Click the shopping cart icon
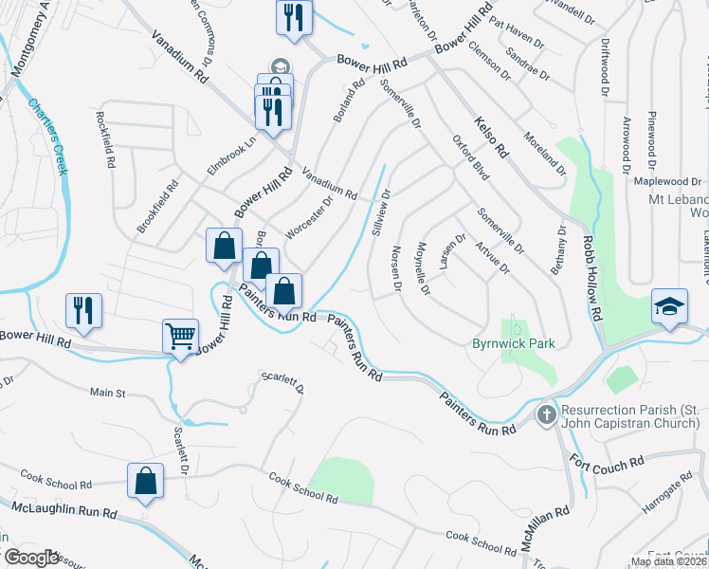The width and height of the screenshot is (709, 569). pyautogui.click(x=180, y=336)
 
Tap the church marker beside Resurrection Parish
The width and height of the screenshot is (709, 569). pyautogui.click(x=546, y=414)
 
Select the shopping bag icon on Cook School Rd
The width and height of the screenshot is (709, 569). pyautogui.click(x=146, y=480)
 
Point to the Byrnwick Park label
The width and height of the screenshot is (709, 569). pyautogui.click(x=513, y=343)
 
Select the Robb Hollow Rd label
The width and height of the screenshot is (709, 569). pyautogui.click(x=592, y=281)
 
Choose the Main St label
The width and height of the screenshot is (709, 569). pyautogui.click(x=107, y=392)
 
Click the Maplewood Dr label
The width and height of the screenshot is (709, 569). pyautogui.click(x=668, y=181)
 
